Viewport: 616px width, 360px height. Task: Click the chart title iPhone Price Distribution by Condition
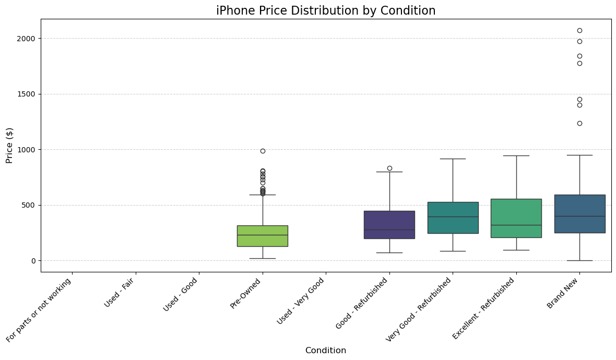326,10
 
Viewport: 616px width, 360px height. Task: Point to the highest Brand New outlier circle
579,30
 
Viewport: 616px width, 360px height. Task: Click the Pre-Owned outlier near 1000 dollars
263,151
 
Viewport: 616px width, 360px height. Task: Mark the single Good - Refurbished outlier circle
389,168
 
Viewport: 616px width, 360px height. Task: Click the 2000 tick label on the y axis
27,39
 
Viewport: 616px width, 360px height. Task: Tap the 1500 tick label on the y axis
27,94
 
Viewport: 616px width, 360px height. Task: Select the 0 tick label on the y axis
33,261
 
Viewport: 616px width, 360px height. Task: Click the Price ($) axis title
9,146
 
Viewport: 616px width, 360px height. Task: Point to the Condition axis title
326,351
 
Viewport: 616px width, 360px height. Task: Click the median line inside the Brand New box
579,216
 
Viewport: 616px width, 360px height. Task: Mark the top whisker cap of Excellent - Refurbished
516,155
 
